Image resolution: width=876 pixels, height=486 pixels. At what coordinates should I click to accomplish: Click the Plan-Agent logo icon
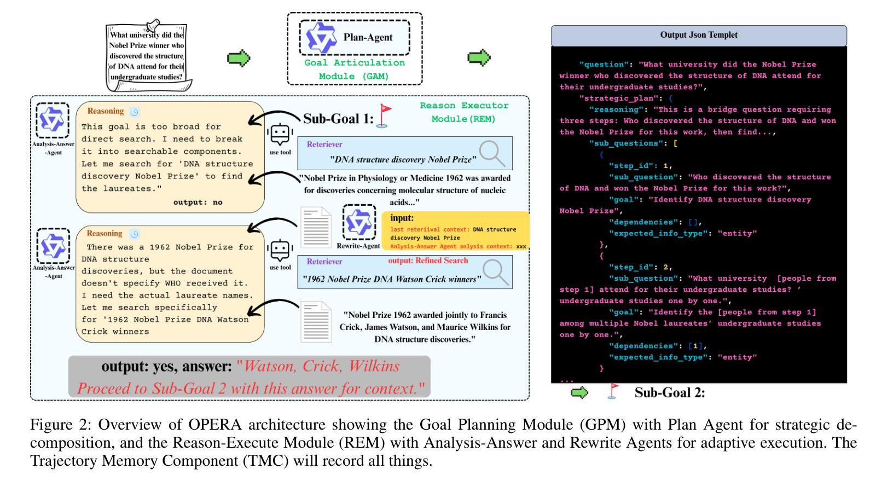pyautogui.click(x=321, y=38)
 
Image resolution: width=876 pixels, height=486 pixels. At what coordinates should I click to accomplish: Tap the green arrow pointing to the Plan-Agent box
pyautogui.click(x=239, y=59)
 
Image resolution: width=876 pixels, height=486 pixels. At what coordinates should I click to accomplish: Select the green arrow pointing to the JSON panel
pyautogui.click(x=479, y=58)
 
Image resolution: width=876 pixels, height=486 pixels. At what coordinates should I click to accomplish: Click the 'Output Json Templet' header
pyautogui.click(x=699, y=35)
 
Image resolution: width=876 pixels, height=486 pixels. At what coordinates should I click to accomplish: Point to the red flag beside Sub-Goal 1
pyautogui.click(x=383, y=116)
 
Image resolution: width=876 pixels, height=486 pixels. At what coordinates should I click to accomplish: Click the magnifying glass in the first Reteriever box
pyautogui.click(x=492, y=153)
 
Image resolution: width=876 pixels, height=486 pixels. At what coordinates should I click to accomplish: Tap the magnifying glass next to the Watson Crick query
pyautogui.click(x=496, y=273)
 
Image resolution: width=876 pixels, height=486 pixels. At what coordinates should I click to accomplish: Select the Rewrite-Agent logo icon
pyautogui.click(x=359, y=222)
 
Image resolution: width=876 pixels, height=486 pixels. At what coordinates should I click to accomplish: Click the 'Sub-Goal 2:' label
pyautogui.click(x=670, y=392)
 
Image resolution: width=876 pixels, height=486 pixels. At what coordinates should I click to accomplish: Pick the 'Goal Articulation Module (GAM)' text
pyautogui.click(x=355, y=70)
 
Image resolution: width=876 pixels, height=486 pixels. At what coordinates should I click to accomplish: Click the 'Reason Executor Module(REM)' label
pyautogui.click(x=464, y=112)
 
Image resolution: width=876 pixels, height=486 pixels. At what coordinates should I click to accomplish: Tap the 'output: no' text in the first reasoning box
pyautogui.click(x=198, y=202)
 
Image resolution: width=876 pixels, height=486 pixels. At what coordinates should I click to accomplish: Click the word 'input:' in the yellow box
pyautogui.click(x=402, y=218)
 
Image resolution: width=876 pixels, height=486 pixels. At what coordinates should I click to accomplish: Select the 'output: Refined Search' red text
pyautogui.click(x=428, y=261)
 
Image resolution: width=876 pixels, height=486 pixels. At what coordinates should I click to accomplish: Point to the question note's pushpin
pyautogui.click(x=153, y=25)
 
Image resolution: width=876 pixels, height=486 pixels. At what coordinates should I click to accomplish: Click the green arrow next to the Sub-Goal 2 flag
pyautogui.click(x=579, y=392)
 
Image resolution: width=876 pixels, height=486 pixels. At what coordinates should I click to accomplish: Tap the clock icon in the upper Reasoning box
pyautogui.click(x=134, y=112)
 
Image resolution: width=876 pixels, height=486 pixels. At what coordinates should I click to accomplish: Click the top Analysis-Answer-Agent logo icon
pyautogui.click(x=53, y=120)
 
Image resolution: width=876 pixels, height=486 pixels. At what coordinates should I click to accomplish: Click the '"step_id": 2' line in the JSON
pyautogui.click(x=640, y=267)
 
